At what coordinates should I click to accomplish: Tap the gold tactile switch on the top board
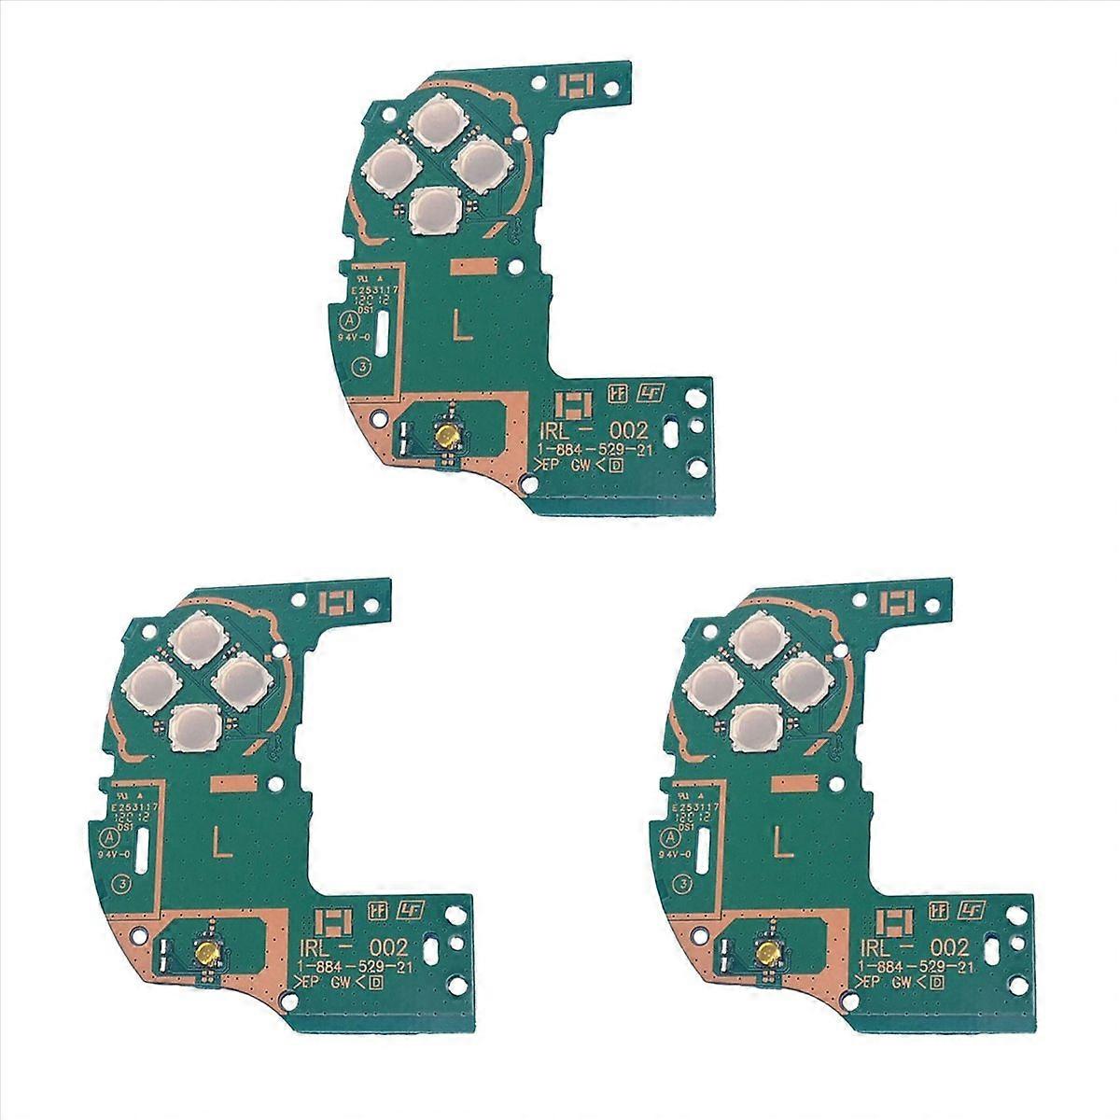pos(449,436)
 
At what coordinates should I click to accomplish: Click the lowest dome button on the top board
pos(435,208)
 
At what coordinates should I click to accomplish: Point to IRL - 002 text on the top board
pos(590,430)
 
